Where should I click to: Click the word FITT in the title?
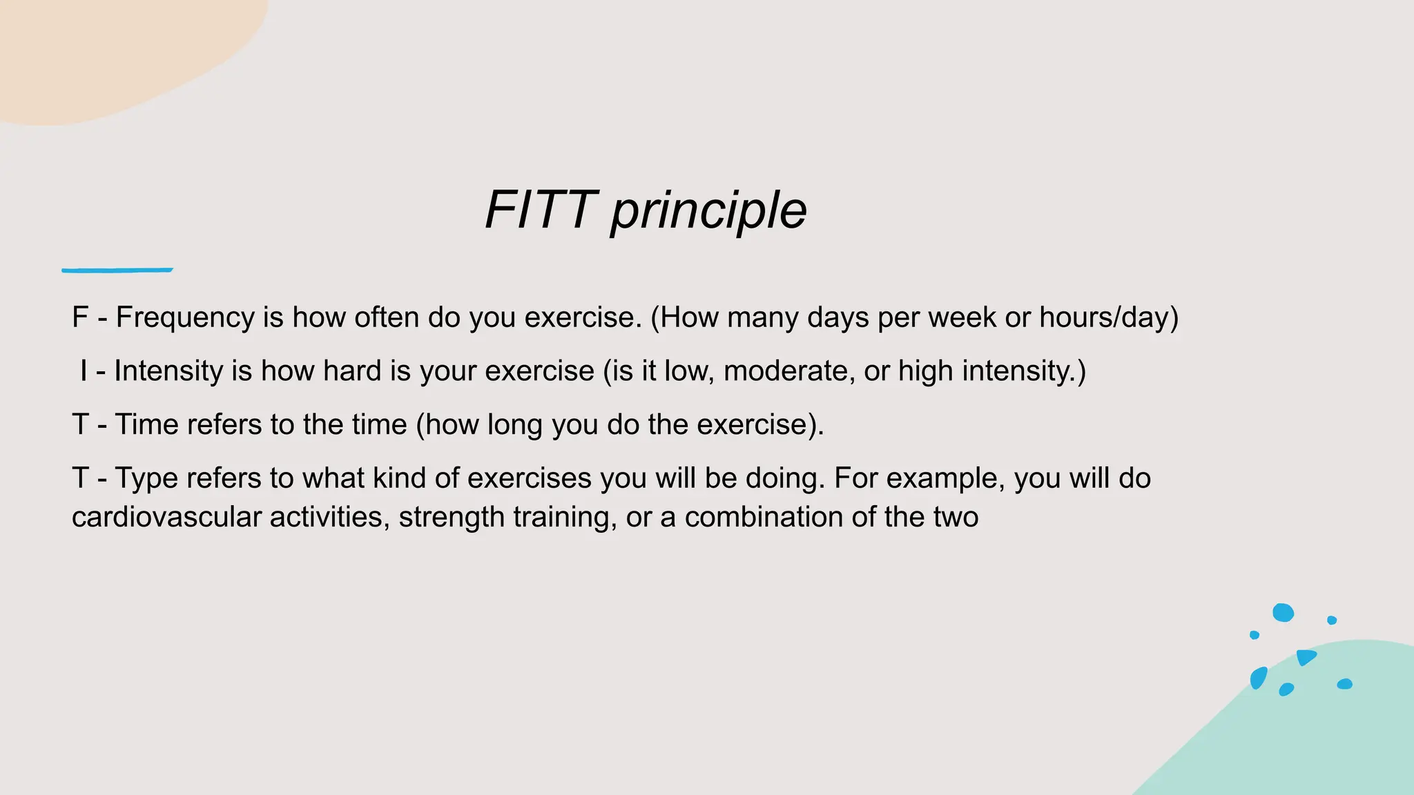(541, 210)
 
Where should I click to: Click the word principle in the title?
(708, 211)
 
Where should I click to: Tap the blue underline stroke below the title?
(117, 270)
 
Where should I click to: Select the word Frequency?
(185, 317)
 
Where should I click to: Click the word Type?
(146, 478)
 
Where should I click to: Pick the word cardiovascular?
(166, 517)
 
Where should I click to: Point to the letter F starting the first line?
(80, 317)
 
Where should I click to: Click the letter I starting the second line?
(84, 371)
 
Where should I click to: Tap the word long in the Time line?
(514, 424)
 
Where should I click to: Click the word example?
(945, 478)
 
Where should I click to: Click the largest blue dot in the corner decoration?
(1283, 612)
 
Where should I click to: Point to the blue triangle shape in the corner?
(1305, 656)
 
